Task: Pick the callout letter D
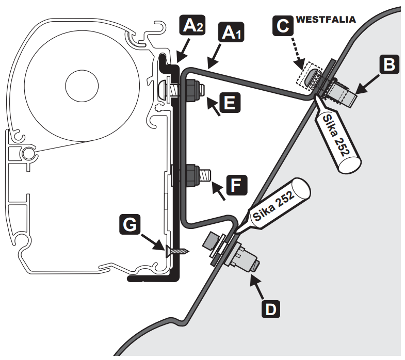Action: pyautogui.click(x=270, y=308)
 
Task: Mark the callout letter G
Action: pyautogui.click(x=129, y=224)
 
